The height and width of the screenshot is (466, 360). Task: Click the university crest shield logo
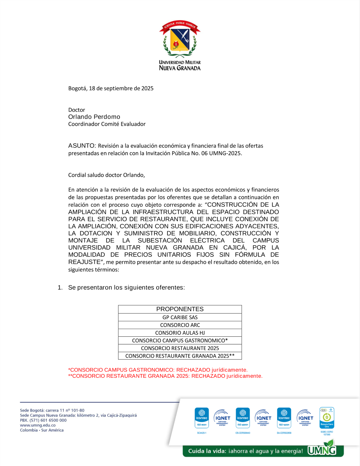[180, 40]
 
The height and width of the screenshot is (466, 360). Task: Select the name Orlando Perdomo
[94, 117]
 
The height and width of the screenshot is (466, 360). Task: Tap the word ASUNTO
[82, 145]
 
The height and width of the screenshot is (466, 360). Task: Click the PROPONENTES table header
[180, 309]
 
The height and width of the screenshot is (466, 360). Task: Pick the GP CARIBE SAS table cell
[180, 317]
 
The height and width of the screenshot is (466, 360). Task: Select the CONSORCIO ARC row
[180, 325]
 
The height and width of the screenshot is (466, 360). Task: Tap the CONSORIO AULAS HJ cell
[180, 333]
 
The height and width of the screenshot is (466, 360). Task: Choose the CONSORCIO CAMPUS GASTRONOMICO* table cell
[180, 340]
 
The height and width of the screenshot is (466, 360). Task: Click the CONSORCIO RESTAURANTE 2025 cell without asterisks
[180, 348]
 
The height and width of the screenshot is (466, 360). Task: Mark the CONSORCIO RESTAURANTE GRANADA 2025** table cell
[180, 356]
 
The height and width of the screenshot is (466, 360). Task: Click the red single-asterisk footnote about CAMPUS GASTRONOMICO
[158, 370]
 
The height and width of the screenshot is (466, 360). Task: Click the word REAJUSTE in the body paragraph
[84, 262]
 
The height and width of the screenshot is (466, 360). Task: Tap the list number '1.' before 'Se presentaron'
[60, 287]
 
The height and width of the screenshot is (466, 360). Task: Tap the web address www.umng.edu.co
[38, 425]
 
